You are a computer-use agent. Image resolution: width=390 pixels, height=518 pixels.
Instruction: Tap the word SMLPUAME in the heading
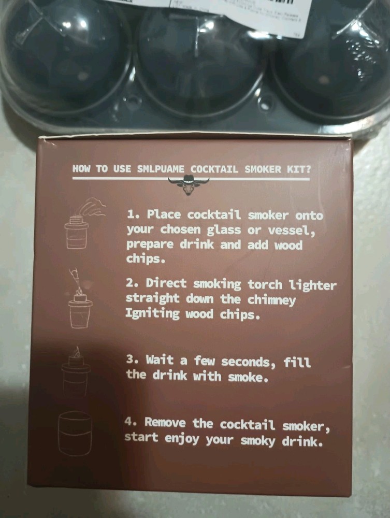160,168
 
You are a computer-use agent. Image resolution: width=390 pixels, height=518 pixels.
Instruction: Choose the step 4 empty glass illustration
75,433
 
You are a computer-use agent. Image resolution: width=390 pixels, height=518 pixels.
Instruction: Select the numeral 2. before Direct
132,284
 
